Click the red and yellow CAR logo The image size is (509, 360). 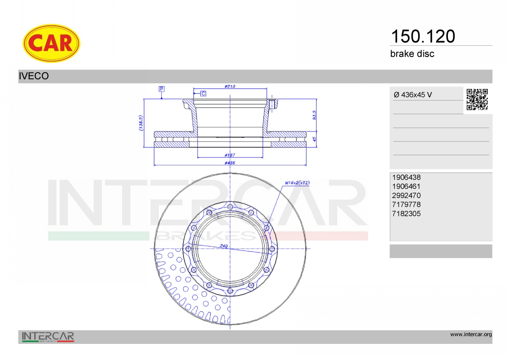[x=51, y=43]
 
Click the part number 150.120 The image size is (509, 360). [x=423, y=36]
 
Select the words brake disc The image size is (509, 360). [x=412, y=54]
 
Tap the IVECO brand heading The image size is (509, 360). [x=34, y=76]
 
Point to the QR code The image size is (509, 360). [x=477, y=100]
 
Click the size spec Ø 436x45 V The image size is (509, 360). [x=413, y=95]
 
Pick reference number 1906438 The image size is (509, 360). [x=406, y=177]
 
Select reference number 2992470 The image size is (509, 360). [x=406, y=195]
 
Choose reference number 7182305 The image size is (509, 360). [x=406, y=214]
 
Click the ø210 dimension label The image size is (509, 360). [x=230, y=87]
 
